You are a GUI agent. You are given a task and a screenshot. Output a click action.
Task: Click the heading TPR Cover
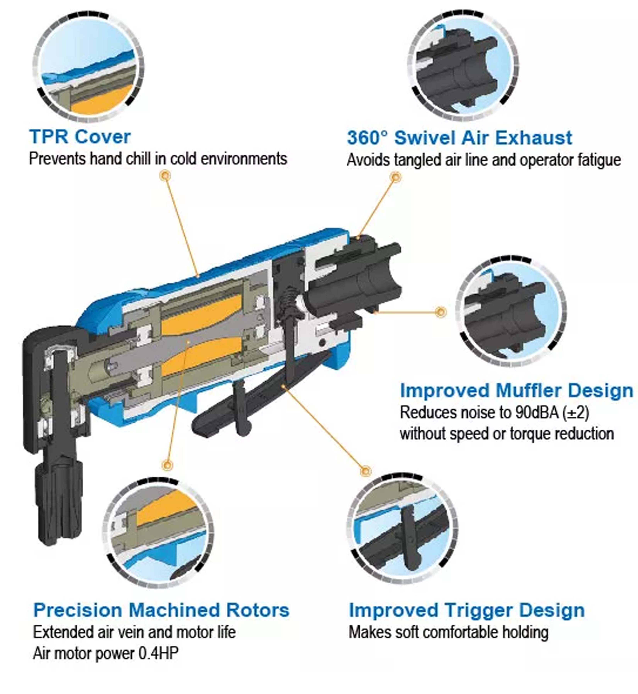click(x=80, y=137)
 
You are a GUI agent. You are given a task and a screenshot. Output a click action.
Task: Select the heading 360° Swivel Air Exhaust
click(x=459, y=138)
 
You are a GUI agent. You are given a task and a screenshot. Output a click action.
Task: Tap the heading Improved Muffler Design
click(x=516, y=391)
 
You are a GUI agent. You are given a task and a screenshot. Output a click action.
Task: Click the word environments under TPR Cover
click(x=244, y=159)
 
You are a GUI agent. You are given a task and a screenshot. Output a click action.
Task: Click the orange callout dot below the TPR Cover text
click(x=166, y=176)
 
